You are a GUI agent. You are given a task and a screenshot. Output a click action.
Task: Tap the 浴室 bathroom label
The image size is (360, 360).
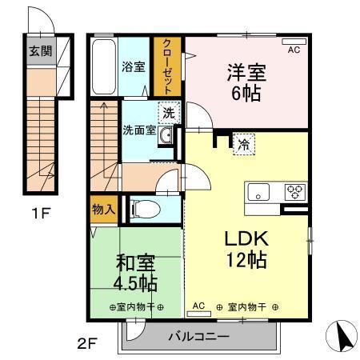point(133,67)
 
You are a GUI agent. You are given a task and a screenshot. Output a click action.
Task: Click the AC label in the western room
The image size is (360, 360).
point(293,50)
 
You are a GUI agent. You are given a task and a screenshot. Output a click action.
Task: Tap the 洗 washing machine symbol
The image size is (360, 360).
point(167,113)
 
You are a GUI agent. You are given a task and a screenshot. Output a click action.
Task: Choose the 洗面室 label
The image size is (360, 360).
point(138,130)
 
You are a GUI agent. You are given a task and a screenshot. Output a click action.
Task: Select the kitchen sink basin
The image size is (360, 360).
point(259,192)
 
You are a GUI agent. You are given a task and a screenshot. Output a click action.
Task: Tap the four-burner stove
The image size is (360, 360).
point(294,192)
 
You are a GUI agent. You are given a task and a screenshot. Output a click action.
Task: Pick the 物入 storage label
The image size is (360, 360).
point(105,210)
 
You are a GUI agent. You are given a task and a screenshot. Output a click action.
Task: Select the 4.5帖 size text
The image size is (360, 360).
point(136,284)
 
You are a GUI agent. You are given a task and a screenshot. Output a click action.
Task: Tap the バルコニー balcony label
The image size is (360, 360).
point(198,337)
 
